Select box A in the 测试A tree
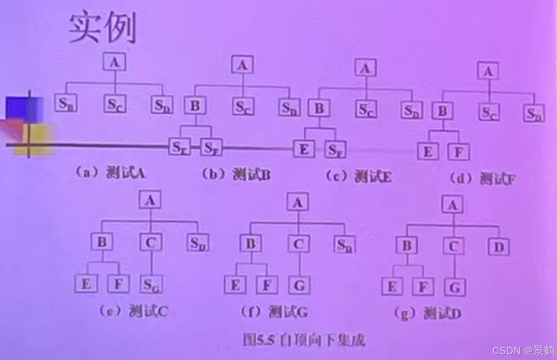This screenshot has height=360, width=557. [x=115, y=62]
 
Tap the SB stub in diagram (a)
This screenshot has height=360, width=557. [x=66, y=104]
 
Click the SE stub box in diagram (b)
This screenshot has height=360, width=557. [x=179, y=147]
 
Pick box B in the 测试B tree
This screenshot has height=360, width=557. [x=195, y=106]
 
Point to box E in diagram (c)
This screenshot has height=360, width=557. [x=304, y=149]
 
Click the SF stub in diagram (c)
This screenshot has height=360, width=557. [x=335, y=150]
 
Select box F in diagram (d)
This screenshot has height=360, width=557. [x=459, y=152]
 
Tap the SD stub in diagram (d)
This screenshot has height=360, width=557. [x=533, y=114]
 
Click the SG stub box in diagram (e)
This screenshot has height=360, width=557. [x=151, y=285]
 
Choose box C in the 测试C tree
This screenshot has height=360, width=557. [x=151, y=243]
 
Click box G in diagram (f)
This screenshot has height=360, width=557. [x=299, y=285]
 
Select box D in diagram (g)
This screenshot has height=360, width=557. [x=499, y=246]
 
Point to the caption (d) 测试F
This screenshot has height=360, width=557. [x=483, y=179]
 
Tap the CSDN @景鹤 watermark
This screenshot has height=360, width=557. [x=523, y=350]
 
